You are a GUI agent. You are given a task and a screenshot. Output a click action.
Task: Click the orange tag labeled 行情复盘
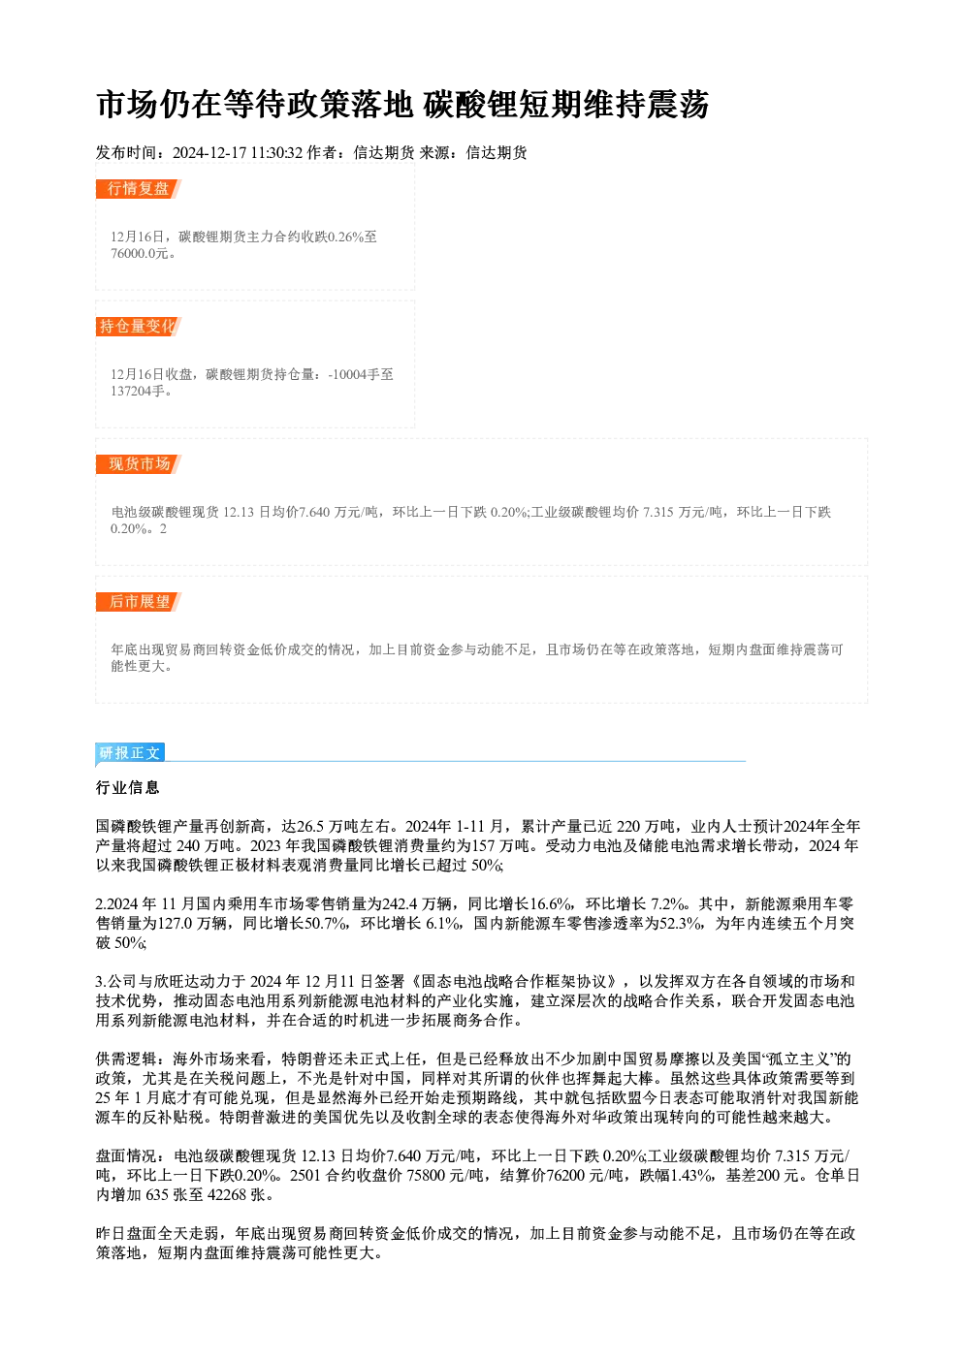pyautogui.click(x=139, y=189)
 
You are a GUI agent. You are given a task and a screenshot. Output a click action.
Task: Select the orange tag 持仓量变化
pyautogui.click(x=139, y=327)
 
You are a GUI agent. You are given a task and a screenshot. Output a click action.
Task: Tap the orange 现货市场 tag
pyautogui.click(x=139, y=464)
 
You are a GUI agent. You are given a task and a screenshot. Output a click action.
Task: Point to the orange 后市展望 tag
pyautogui.click(x=139, y=602)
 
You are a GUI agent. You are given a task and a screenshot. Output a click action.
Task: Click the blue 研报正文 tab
pyautogui.click(x=130, y=753)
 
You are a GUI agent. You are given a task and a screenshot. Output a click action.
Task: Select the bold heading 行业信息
pyautogui.click(x=128, y=788)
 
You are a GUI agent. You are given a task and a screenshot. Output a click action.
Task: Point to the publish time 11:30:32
pyautogui.click(x=276, y=153)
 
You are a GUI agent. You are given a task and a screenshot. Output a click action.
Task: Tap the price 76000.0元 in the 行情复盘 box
pyautogui.click(x=139, y=254)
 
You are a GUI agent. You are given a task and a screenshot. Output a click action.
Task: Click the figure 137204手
pyautogui.click(x=138, y=392)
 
